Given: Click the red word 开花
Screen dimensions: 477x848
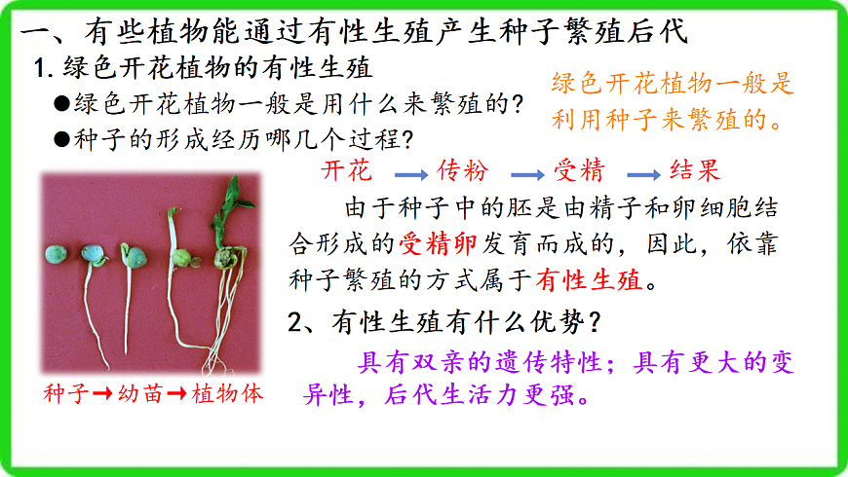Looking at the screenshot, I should (345, 171).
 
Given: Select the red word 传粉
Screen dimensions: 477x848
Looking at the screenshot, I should (461, 171).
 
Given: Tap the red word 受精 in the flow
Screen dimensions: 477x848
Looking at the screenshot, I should (579, 171).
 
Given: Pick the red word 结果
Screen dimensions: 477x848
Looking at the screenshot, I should (695, 171).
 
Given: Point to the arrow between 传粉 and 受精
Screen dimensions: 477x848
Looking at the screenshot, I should (527, 174).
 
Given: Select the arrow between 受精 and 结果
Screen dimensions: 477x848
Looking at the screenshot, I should (643, 174).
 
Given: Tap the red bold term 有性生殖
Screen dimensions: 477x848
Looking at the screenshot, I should (589, 281).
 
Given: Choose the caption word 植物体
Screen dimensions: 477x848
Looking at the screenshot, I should (227, 394).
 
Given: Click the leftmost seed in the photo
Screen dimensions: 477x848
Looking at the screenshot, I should (56, 253).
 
